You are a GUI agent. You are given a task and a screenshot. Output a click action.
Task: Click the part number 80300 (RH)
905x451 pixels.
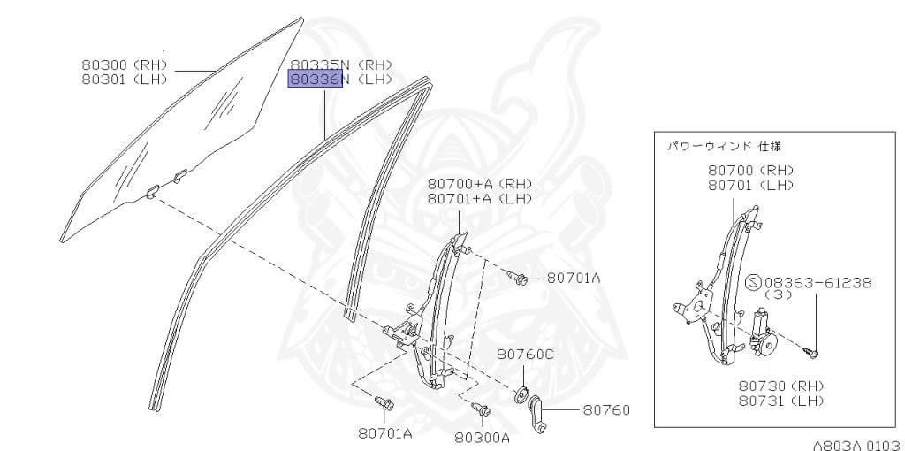(124, 65)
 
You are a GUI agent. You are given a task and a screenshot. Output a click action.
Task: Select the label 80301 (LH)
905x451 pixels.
(124, 79)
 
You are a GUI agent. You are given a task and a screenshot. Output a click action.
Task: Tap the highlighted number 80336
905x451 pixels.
(316, 80)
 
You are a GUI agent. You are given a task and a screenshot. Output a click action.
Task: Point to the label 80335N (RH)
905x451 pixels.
(341, 65)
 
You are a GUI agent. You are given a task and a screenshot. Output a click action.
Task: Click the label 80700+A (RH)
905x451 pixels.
(480, 183)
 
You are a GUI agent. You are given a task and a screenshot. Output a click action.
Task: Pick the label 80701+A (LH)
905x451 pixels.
(480, 198)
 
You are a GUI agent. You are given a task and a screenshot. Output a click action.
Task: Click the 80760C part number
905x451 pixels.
(525, 354)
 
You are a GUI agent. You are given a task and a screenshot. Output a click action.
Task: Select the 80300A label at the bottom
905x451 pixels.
(483, 436)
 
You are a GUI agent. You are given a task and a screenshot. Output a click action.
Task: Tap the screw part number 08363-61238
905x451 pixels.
(818, 282)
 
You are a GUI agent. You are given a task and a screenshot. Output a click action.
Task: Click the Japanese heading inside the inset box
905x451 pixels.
(723, 146)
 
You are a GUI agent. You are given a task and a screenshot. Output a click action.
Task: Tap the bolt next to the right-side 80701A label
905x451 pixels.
(521, 279)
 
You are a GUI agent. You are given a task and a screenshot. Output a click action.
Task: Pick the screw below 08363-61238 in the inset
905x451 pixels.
(814, 352)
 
